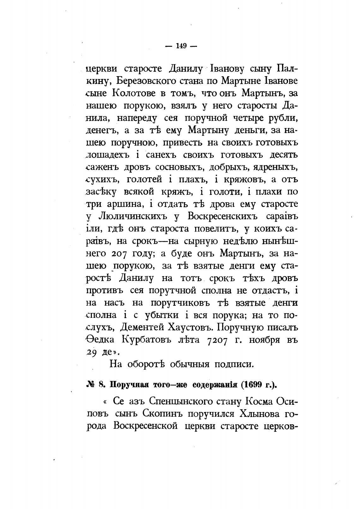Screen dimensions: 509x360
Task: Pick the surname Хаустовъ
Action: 197,327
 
